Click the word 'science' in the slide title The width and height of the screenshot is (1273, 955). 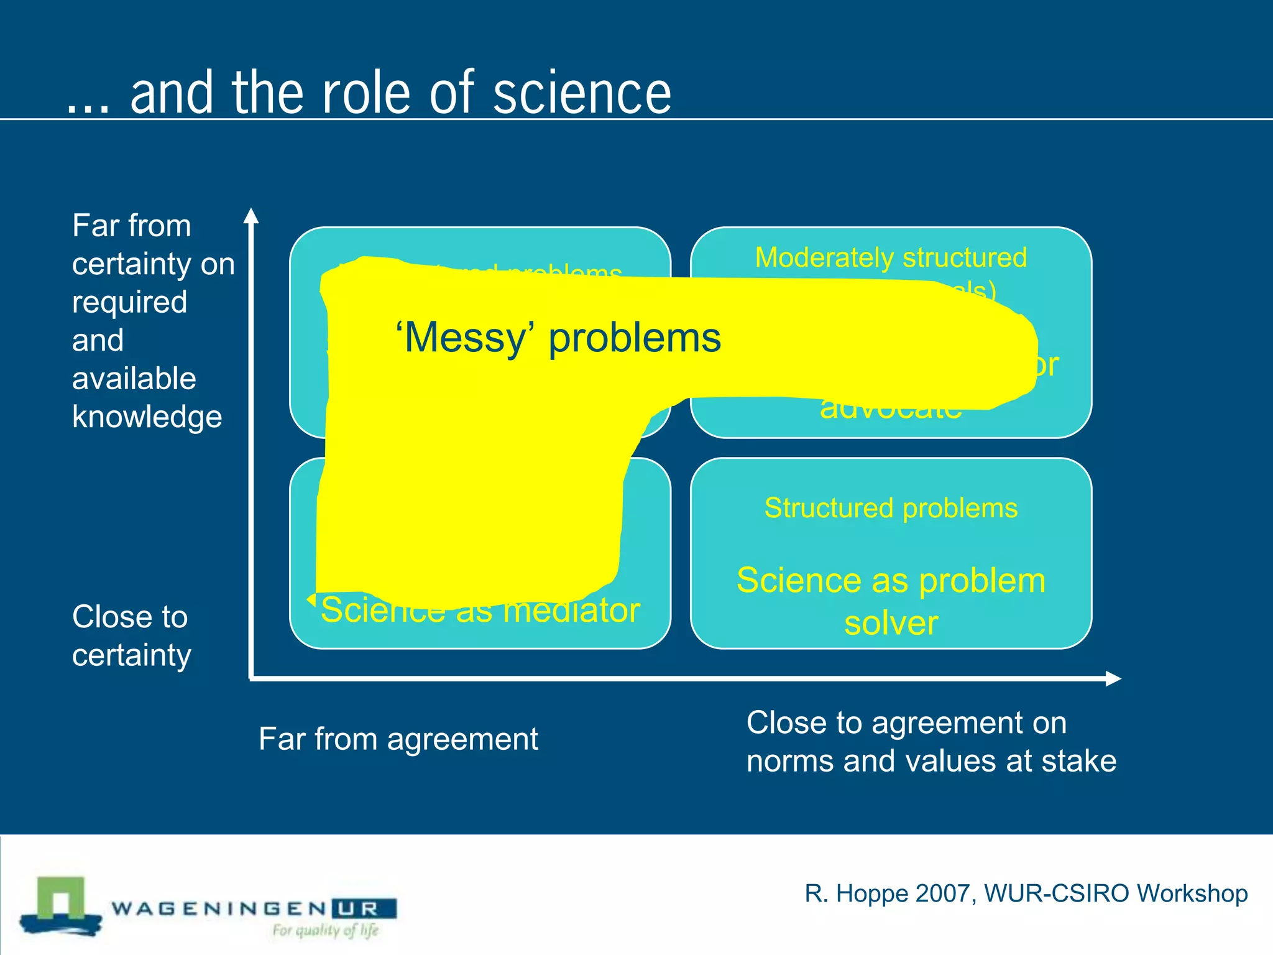click(x=582, y=93)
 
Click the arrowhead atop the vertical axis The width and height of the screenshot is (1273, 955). click(x=250, y=216)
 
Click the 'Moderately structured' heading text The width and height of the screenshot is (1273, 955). click(x=890, y=257)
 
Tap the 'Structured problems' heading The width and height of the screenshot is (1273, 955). click(x=890, y=508)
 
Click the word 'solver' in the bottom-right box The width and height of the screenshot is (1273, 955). click(x=890, y=623)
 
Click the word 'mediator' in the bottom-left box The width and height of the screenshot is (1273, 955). click(x=571, y=611)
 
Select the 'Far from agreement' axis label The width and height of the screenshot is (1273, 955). click(x=398, y=739)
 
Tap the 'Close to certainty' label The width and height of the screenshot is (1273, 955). click(x=131, y=636)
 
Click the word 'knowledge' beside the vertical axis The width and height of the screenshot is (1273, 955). click(x=147, y=417)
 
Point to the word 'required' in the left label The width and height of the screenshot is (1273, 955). click(x=129, y=302)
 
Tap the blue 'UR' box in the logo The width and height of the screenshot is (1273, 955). click(x=364, y=909)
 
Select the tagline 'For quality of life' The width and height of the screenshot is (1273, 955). click(x=325, y=931)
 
